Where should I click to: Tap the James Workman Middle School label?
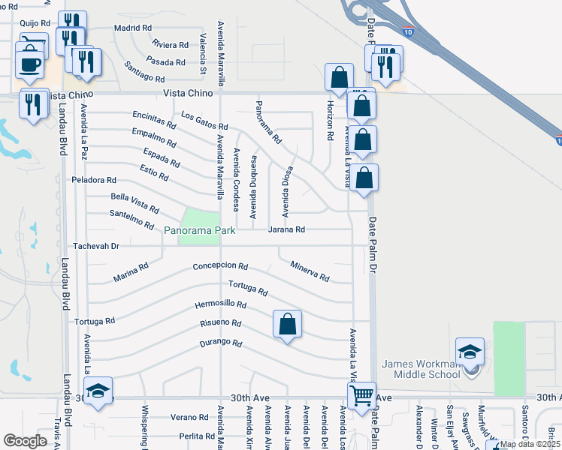click(420, 369)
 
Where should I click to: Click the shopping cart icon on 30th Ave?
click(361, 395)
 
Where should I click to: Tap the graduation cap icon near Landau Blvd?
click(98, 391)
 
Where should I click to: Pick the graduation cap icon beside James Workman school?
click(470, 351)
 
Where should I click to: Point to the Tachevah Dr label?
click(96, 246)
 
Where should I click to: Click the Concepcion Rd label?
click(220, 266)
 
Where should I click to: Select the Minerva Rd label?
click(310, 272)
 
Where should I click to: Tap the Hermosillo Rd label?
click(221, 305)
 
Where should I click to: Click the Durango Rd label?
click(221, 343)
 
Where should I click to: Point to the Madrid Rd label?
click(133, 28)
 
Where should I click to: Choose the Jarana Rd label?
click(286, 229)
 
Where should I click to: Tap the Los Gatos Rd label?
click(204, 121)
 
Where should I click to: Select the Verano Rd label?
click(189, 417)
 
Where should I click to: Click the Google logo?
click(25, 441)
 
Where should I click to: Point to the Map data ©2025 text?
click(530, 444)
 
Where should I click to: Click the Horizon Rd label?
click(329, 121)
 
